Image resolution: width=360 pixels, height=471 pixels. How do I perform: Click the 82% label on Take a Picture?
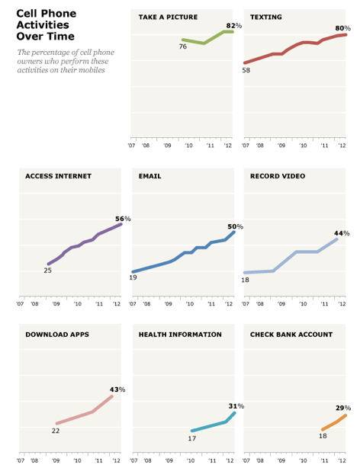click(x=234, y=26)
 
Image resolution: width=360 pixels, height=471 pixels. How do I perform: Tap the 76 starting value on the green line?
click(x=183, y=46)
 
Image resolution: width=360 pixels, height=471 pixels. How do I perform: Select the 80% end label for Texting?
click(x=343, y=28)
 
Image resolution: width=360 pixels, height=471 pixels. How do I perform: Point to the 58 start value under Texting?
click(x=246, y=70)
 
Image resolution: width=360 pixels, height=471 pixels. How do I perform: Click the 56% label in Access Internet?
click(x=123, y=219)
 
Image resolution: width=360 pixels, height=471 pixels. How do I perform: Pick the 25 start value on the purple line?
click(x=47, y=271)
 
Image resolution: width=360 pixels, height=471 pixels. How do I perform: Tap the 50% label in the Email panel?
click(x=235, y=226)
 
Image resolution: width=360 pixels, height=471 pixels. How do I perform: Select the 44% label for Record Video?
click(x=342, y=233)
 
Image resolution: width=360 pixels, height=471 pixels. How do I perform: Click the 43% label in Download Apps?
click(x=117, y=389)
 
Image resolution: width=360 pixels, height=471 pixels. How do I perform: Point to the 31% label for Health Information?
click(x=236, y=406)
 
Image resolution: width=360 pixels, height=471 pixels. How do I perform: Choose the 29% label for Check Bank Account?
click(x=343, y=408)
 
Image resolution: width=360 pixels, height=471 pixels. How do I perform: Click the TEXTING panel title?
click(x=266, y=17)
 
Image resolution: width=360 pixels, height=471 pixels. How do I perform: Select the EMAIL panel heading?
click(x=149, y=176)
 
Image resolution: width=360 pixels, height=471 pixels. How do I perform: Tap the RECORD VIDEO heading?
click(x=278, y=176)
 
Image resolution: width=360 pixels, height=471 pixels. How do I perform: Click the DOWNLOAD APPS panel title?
click(x=57, y=335)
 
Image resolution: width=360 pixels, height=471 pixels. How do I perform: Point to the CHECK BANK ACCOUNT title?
click(x=291, y=335)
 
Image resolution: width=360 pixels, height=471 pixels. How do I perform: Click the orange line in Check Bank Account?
click(x=334, y=423)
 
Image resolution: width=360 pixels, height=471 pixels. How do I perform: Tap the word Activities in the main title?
click(x=43, y=25)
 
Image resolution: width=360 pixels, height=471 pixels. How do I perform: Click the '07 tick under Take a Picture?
click(x=131, y=146)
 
